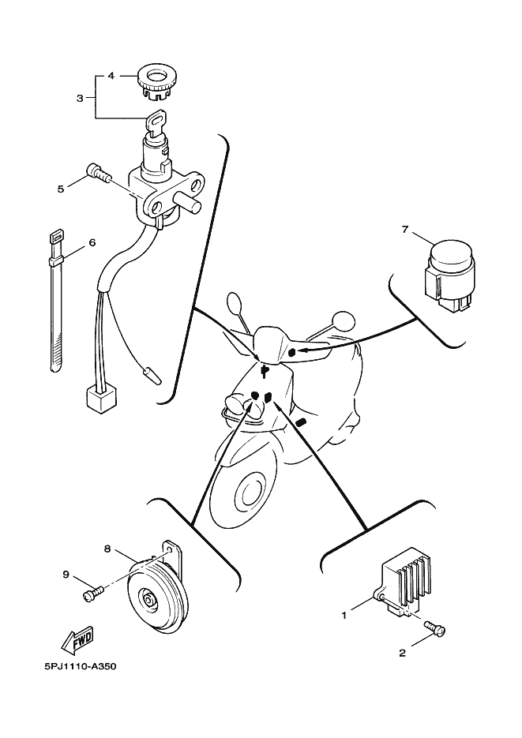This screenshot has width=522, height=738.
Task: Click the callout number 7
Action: (x=405, y=230)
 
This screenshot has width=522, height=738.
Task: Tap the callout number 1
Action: (x=344, y=615)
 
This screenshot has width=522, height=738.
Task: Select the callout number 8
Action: (x=107, y=549)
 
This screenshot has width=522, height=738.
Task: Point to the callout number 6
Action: (x=92, y=242)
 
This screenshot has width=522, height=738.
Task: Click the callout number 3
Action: (x=80, y=98)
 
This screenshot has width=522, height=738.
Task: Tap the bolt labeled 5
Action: (x=96, y=172)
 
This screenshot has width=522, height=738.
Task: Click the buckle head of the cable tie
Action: (x=55, y=235)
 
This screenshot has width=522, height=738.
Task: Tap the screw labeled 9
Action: (x=92, y=593)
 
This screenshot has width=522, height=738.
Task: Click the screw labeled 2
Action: (x=434, y=627)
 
